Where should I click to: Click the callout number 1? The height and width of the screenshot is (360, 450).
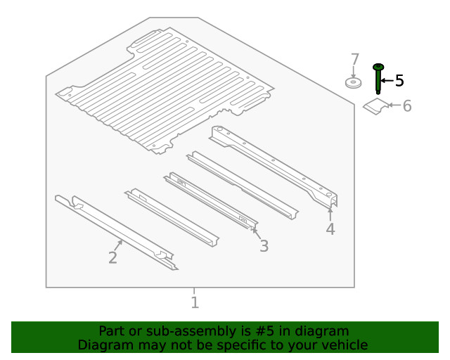(x=195, y=302)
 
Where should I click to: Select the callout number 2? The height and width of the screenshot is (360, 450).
(x=112, y=257)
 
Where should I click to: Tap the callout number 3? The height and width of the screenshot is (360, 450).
(x=264, y=246)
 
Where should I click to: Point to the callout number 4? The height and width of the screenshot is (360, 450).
(x=330, y=229)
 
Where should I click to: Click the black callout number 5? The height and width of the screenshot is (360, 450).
(x=399, y=80)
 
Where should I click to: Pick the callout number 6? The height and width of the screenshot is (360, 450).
(x=407, y=106)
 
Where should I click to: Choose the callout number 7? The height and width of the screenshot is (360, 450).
(x=355, y=60)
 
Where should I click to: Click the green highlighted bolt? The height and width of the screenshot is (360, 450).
(x=378, y=79)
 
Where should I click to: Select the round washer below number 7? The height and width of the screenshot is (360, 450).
(x=353, y=83)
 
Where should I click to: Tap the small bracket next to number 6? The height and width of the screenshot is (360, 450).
(x=375, y=106)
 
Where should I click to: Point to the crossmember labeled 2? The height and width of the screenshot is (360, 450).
(x=116, y=233)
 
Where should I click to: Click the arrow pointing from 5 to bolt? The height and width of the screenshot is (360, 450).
(x=387, y=81)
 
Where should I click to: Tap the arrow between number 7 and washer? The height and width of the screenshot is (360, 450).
(x=354, y=72)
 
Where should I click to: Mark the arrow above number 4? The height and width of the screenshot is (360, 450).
(x=330, y=214)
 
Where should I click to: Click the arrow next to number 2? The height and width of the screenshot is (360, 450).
(x=118, y=245)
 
